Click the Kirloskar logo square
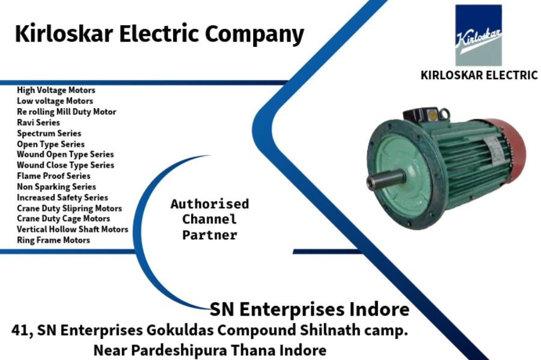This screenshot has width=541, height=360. tap(478, 35)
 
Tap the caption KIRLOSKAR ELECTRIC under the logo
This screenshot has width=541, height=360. tap(478, 76)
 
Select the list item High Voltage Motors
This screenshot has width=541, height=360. tap(56, 90)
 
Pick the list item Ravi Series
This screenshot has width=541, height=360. tap(38, 123)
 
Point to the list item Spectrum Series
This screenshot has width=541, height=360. tap(49, 133)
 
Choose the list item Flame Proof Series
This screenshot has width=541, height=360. tap(53, 176)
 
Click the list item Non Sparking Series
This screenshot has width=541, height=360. tap(56, 187)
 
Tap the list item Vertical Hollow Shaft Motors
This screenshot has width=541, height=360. tap(72, 230)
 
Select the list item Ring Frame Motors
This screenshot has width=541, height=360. tap(53, 240)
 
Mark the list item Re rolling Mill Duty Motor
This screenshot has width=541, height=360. tap(66, 112)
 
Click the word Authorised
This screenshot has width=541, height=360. tap(209, 204)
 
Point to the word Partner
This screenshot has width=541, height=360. tap(209, 236)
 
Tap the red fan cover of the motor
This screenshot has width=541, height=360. tap(510, 150)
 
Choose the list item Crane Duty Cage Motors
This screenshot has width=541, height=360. tap(63, 219)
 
